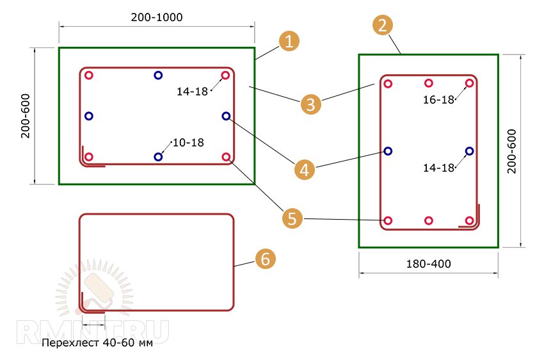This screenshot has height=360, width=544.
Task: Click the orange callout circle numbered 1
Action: tap(289, 41)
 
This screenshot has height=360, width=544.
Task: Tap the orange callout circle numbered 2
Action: tap(383, 26)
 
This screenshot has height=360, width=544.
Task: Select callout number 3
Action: tap(311, 104)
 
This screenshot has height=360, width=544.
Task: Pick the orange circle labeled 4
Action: tap(304, 170)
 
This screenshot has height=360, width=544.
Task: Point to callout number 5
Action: tap(292, 218)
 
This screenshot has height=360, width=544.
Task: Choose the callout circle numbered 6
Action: tap(266, 259)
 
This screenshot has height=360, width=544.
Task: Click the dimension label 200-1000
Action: tap(157, 17)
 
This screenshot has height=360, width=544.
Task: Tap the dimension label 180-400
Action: tap(428, 264)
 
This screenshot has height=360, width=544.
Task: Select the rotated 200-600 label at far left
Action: tap(26, 116)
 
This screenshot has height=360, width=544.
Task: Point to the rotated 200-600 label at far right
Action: tap(512, 151)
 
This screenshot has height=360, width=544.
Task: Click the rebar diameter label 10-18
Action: tap(188, 142)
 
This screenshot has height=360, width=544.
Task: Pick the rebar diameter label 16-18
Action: tap(438, 100)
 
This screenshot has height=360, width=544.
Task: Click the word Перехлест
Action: tap(70, 343)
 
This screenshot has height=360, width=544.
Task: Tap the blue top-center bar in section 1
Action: tap(158, 75)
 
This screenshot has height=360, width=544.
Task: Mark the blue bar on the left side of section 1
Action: tap(89, 116)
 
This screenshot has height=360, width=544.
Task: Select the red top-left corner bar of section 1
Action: tap(89, 75)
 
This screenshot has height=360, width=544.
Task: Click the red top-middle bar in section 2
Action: tap(429, 83)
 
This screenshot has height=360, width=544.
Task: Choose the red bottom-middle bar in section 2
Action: tap(429, 220)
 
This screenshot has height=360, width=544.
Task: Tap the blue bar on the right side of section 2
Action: tap(469, 151)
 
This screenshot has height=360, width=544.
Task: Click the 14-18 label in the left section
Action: tap(192, 92)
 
